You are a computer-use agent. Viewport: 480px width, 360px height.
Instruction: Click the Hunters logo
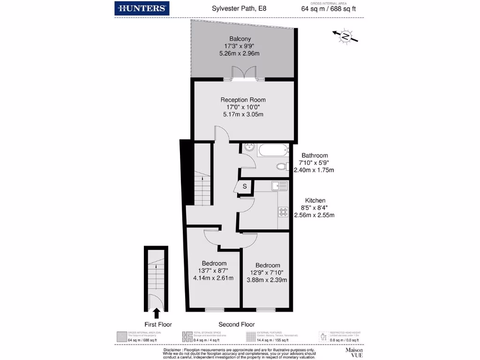tap(142, 8)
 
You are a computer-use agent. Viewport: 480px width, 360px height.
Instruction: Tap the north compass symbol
tap(345, 37)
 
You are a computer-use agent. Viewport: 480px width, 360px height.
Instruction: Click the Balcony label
tap(240, 38)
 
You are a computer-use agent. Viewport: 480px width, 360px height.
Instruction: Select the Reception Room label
tap(243, 100)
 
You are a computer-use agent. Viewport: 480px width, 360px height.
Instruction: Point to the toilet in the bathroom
tap(281, 166)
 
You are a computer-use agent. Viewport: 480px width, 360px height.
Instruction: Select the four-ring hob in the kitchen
tap(283, 212)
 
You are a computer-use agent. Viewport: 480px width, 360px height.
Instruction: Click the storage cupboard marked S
tap(244, 187)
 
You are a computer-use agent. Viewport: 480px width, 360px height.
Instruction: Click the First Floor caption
tap(158, 324)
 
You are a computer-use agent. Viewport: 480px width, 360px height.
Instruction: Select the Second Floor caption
tap(237, 324)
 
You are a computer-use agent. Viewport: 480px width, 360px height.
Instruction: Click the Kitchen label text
tap(315, 200)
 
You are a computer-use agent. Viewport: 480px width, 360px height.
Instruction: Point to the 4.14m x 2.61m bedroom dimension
tap(214, 278)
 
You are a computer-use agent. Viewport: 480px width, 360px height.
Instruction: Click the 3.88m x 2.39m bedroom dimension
tap(267, 280)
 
